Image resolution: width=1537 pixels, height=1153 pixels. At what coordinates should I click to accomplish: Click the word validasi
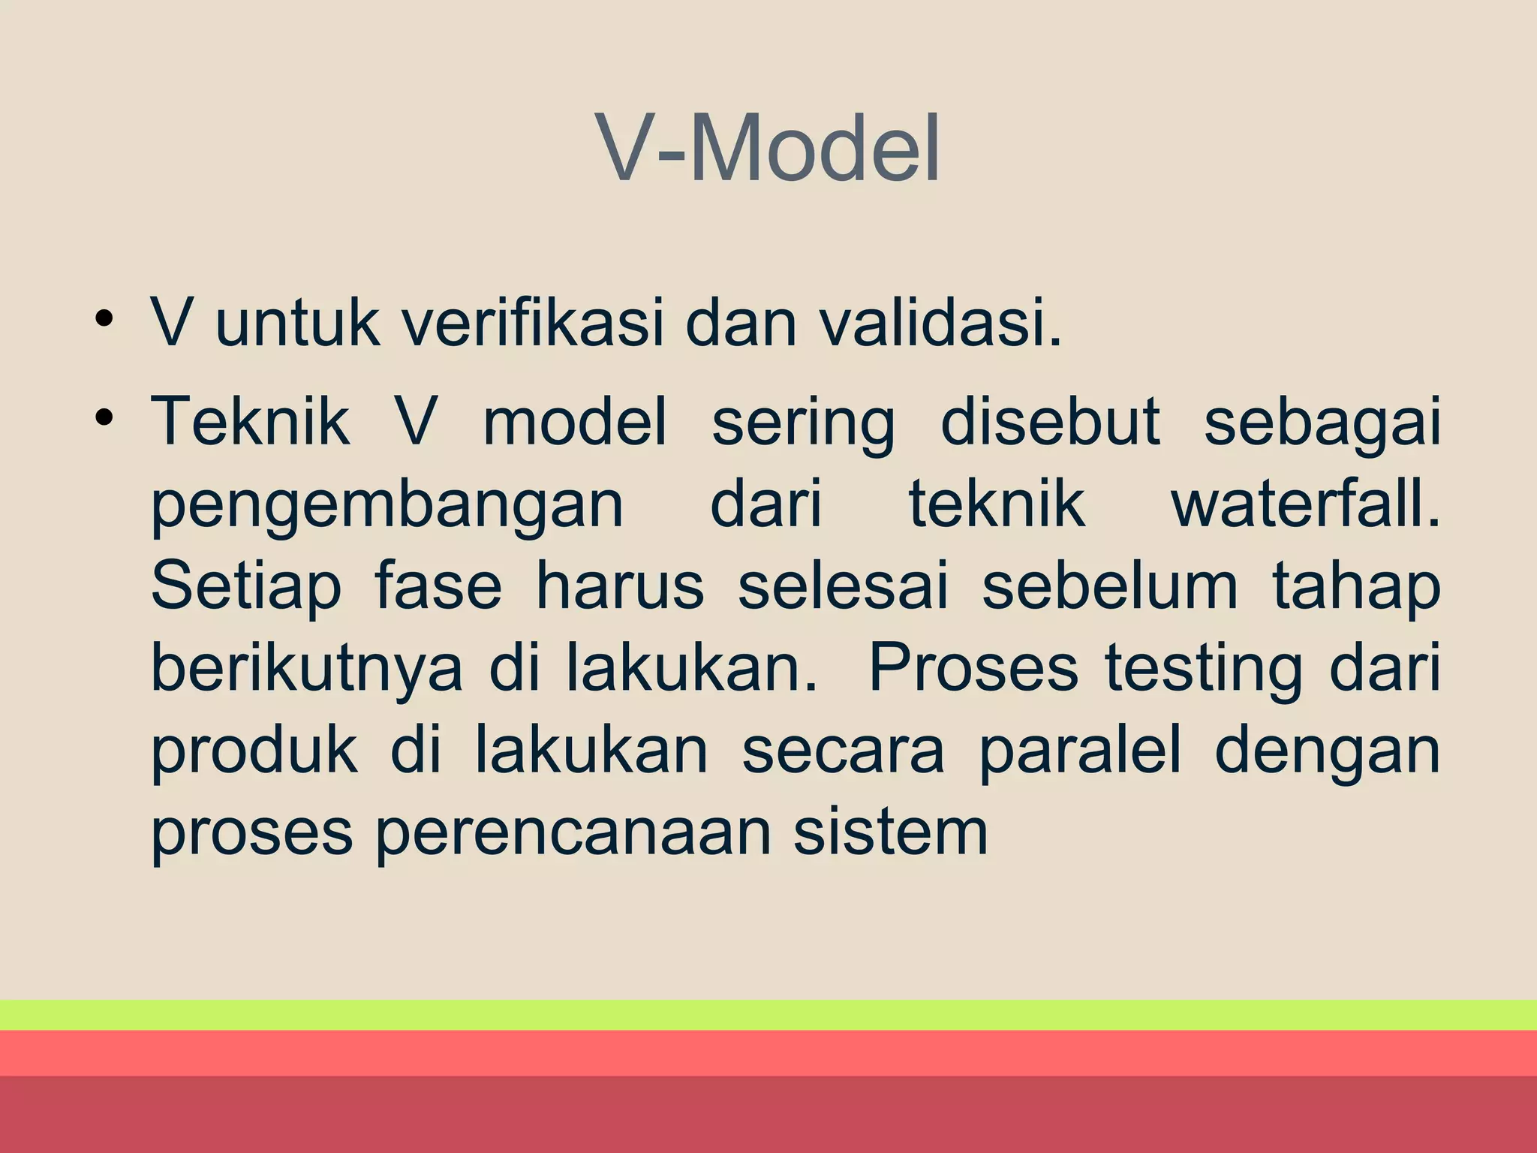(x=940, y=324)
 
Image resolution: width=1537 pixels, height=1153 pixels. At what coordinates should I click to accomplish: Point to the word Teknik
(x=250, y=422)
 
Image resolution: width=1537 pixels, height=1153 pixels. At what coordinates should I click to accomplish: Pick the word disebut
(x=1049, y=422)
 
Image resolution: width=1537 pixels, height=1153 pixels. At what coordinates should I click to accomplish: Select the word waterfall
(x=1305, y=504)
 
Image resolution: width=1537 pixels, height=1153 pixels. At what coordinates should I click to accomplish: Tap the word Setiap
(x=245, y=589)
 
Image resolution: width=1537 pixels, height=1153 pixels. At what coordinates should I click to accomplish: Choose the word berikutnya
(x=307, y=670)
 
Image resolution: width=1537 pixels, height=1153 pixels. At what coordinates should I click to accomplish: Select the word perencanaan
(x=573, y=835)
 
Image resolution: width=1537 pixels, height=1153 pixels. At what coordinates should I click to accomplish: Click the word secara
(x=843, y=752)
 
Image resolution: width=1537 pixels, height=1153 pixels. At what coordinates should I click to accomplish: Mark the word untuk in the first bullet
(x=297, y=324)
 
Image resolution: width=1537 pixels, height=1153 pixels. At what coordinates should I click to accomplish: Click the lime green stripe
(x=768, y=1015)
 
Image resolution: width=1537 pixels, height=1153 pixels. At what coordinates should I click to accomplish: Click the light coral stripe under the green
(x=768, y=1052)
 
